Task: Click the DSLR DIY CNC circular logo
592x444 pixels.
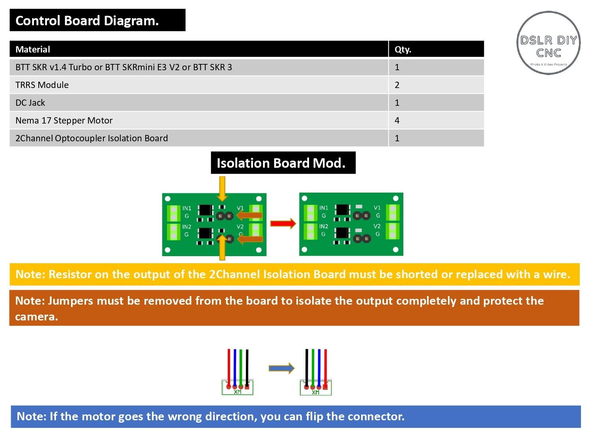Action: click(x=548, y=43)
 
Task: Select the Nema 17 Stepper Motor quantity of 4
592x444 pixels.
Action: click(x=397, y=120)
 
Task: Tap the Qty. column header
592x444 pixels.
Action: click(x=403, y=49)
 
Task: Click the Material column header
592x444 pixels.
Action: click(x=33, y=49)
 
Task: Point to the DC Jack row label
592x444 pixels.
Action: click(x=30, y=103)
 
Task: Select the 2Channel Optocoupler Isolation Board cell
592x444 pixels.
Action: click(x=92, y=138)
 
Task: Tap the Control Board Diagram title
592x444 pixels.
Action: click(x=87, y=21)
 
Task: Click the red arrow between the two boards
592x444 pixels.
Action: click(x=283, y=223)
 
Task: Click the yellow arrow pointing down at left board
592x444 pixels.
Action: click(x=222, y=189)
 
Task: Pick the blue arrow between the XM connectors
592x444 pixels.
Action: click(x=281, y=368)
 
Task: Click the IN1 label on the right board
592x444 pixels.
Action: click(x=324, y=208)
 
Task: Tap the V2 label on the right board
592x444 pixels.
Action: click(x=377, y=226)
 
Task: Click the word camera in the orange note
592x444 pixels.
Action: click(x=36, y=317)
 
